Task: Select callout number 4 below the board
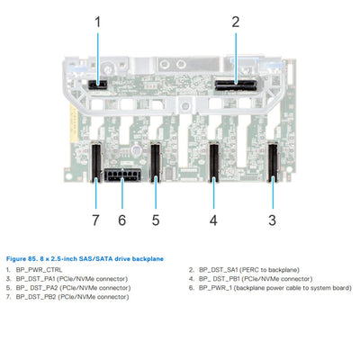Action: coord(213,219)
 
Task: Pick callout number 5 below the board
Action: coord(155,219)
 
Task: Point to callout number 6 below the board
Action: coord(122,219)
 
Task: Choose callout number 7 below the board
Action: coord(94,219)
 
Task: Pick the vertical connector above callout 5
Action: coord(155,161)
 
